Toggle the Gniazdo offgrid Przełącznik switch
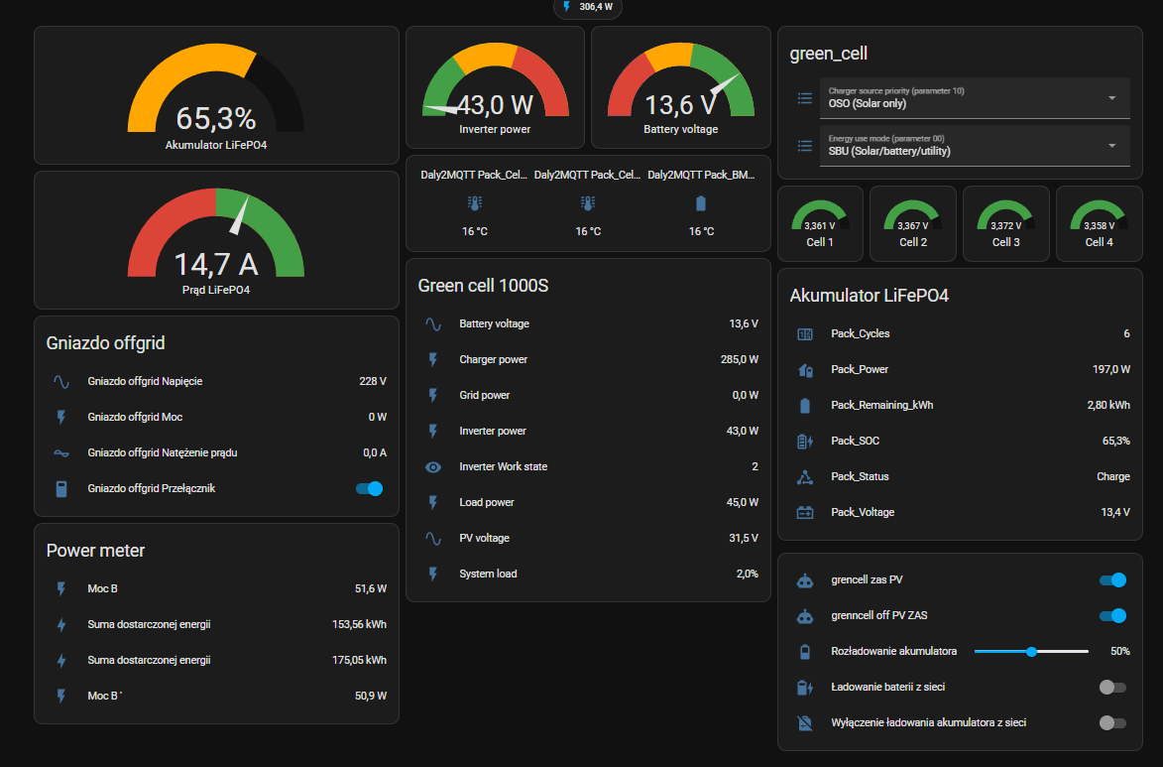pos(370,488)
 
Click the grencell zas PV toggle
pos(1112,579)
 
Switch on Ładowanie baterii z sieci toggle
pos(1112,687)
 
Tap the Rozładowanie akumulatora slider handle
pos(1032,651)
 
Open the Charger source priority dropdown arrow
pos(1111,98)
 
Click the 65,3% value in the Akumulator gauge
pos(216,118)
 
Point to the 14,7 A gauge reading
pos(216,264)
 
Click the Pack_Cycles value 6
pos(1126,333)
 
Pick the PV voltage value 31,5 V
pos(744,538)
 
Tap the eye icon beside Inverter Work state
pos(433,467)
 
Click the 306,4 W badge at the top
pos(587,7)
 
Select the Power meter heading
pos(96,550)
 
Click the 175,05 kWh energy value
pos(359,660)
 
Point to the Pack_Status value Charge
pos(1113,476)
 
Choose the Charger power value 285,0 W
pos(740,359)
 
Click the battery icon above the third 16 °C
pos(701,202)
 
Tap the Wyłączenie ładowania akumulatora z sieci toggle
pos(1112,722)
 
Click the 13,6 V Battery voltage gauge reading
pos(680,105)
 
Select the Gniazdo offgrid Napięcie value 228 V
pos(373,381)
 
